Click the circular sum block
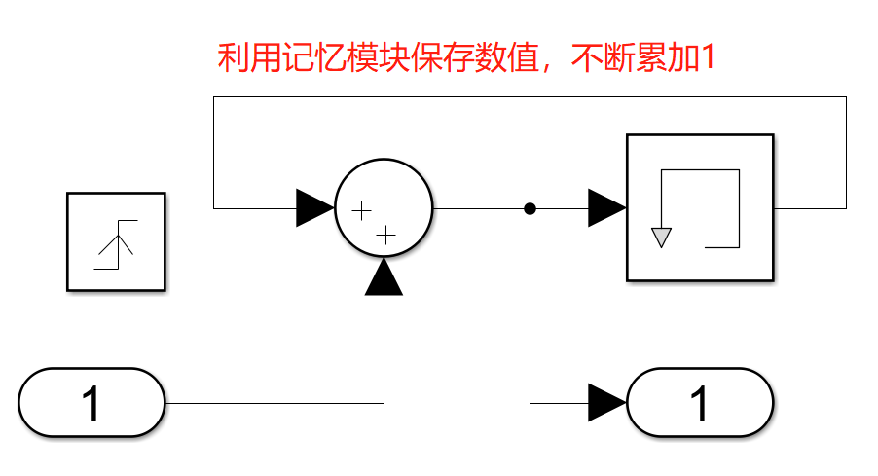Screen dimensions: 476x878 384,208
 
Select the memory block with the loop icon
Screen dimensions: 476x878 700,207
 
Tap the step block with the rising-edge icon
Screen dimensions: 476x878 116,241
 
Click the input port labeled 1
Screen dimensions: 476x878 91,403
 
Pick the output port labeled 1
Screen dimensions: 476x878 700,403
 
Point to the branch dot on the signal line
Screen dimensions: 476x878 530,208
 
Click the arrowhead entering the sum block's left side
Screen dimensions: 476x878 314,208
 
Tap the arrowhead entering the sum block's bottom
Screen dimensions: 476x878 384,277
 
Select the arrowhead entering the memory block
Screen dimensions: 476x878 605,208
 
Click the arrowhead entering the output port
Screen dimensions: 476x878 606,402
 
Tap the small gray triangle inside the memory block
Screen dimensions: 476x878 662,237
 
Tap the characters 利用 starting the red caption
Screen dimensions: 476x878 239,59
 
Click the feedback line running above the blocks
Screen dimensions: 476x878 526,97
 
